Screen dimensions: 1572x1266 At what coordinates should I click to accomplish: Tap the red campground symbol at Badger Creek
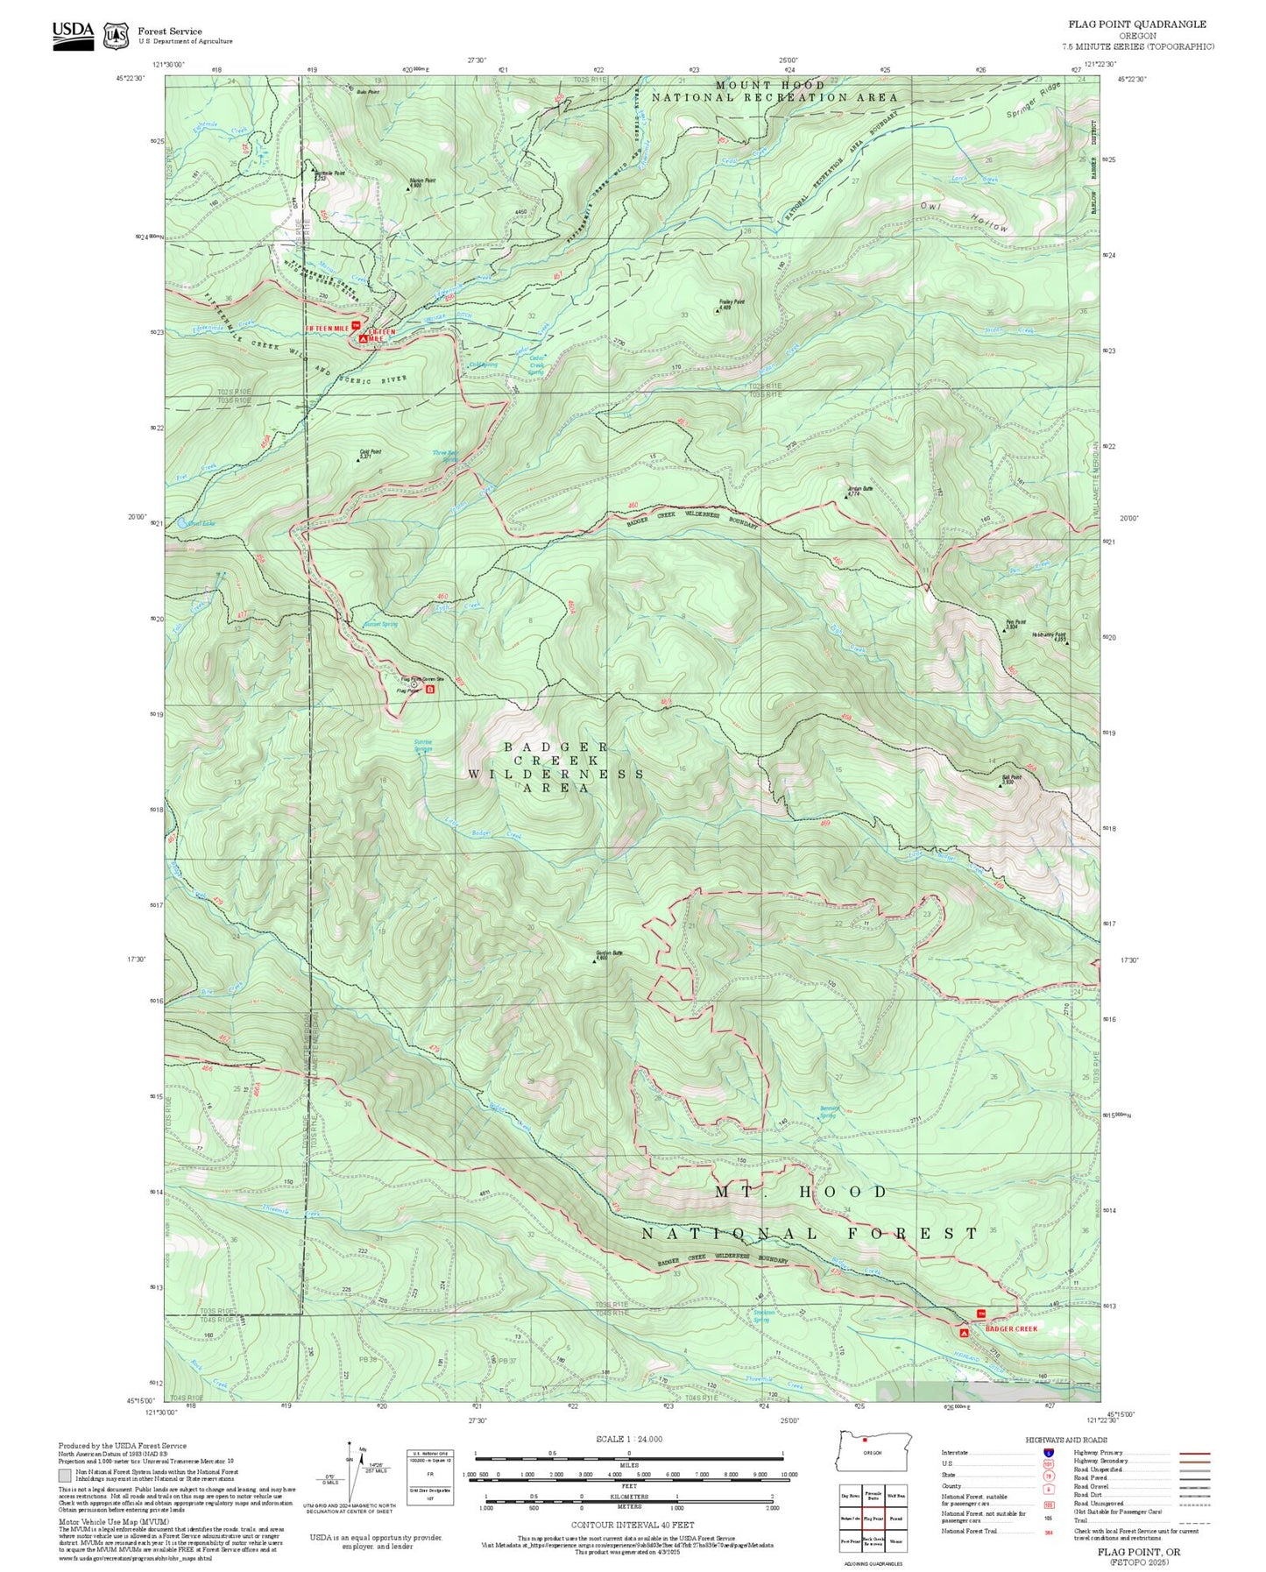[964, 1333]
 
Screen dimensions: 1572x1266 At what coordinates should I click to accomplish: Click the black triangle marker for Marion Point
[407, 188]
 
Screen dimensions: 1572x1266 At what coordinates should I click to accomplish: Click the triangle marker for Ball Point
[1001, 785]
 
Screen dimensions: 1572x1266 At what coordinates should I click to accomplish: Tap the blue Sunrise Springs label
[423, 745]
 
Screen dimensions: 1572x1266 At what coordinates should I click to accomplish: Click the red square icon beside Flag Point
[429, 690]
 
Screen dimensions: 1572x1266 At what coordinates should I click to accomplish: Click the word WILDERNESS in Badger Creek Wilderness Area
[555, 775]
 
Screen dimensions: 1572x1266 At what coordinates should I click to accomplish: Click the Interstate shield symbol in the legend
[1049, 1452]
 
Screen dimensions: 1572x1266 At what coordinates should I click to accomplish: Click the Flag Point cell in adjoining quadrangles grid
[873, 1519]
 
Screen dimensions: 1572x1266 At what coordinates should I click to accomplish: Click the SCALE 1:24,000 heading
[628, 1439]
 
